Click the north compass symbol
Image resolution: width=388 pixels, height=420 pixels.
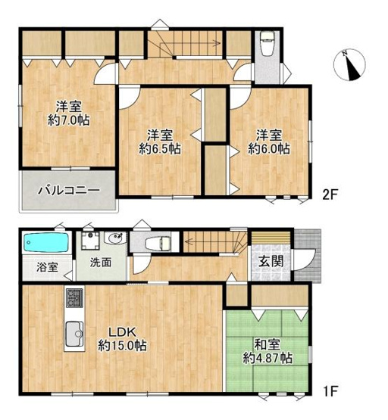tap(349, 65)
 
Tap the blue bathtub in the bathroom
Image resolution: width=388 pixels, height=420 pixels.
tap(46, 242)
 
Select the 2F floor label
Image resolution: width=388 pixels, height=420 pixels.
tap(330, 195)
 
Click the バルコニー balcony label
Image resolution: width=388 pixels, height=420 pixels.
tap(69, 191)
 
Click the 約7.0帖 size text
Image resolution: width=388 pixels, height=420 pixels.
tap(68, 120)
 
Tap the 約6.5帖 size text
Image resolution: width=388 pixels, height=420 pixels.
tap(160, 148)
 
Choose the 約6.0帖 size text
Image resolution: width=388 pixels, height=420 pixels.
tap(269, 148)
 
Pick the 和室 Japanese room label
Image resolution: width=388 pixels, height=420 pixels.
tap(267, 344)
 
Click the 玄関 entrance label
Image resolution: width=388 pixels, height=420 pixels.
tap(271, 261)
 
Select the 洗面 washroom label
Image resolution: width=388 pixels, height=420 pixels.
tap(101, 263)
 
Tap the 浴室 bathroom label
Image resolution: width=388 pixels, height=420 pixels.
tap(47, 267)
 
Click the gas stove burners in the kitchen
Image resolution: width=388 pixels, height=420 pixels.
tap(74, 298)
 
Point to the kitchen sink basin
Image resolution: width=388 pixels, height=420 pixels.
tap(74, 334)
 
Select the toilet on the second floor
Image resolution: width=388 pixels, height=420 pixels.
tap(267, 44)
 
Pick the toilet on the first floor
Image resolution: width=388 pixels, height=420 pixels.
tap(158, 243)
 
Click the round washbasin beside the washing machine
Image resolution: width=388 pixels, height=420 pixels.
tap(115, 238)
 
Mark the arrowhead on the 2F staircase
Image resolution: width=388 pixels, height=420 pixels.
tap(217, 43)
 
